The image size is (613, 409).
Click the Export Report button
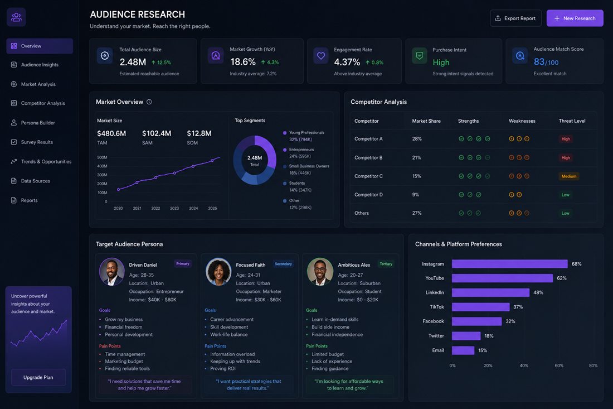[515, 18]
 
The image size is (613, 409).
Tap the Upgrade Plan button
[38, 377]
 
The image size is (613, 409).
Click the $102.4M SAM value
[157, 133]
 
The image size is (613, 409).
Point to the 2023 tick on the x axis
[174, 208]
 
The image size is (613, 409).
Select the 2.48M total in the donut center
[255, 158]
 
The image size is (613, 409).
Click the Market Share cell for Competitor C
[417, 176]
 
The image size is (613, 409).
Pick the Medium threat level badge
[569, 176]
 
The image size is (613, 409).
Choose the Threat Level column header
[572, 121]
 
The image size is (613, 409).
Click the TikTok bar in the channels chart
[481, 307]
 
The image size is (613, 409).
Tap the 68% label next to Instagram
[576, 264]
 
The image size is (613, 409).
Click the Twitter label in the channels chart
[436, 336]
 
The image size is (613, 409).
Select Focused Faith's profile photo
[218, 272]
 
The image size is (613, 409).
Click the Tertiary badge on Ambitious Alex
[386, 264]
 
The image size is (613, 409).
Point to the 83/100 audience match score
[546, 62]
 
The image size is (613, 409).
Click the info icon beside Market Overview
[149, 102]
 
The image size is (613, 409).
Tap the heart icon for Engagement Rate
[321, 56]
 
